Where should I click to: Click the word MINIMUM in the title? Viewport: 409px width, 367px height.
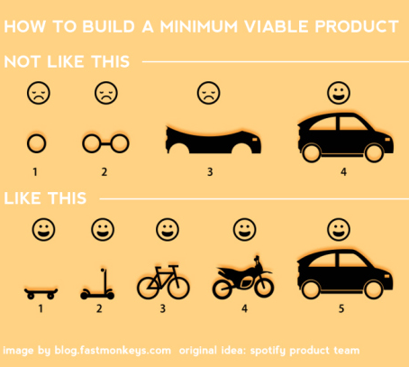(x=199, y=26)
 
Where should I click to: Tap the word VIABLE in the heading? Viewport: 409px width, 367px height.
(x=277, y=26)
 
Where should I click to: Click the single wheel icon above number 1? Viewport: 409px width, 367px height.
(x=36, y=143)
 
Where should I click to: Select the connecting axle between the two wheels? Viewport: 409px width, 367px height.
(x=105, y=143)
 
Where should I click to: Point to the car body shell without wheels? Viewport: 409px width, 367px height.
(x=214, y=140)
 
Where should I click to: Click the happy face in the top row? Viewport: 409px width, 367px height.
(x=339, y=93)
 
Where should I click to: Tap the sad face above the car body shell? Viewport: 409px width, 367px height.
(x=208, y=93)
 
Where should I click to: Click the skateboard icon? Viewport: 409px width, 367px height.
(x=41, y=293)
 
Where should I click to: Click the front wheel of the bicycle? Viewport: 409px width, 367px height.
(x=178, y=287)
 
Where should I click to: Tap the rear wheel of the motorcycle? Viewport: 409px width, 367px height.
(x=223, y=289)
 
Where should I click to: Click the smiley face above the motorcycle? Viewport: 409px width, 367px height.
(x=245, y=230)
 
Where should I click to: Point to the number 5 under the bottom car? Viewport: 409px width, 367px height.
(x=341, y=308)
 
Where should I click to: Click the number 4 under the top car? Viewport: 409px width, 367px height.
(x=343, y=172)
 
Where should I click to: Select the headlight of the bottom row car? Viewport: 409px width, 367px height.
(x=387, y=276)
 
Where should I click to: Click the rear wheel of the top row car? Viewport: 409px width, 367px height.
(x=312, y=153)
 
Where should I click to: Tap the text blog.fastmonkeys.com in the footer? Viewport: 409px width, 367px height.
(x=113, y=351)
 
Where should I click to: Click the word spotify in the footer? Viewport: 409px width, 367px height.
(x=268, y=351)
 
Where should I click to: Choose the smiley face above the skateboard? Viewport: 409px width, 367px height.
(x=43, y=230)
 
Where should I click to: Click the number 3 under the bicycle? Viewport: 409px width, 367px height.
(x=162, y=308)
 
